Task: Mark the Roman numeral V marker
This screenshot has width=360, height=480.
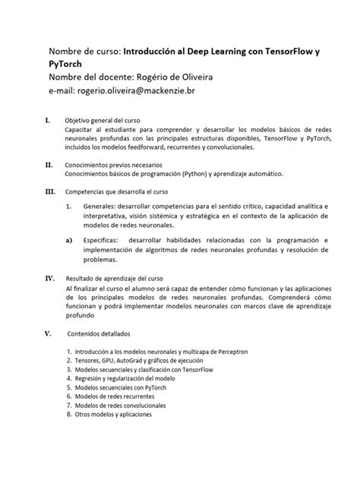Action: pyautogui.click(x=49, y=332)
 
